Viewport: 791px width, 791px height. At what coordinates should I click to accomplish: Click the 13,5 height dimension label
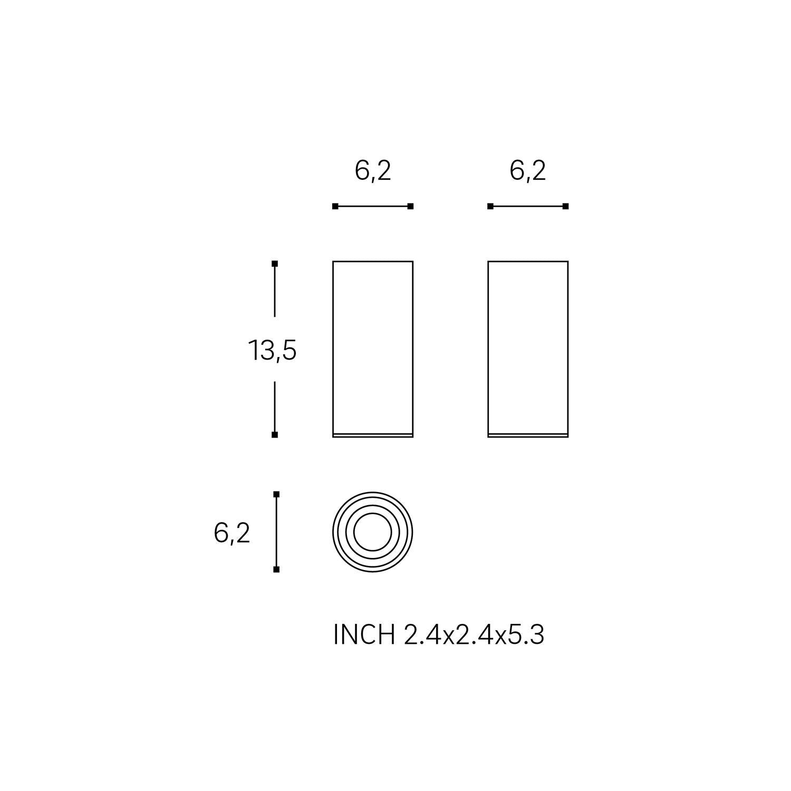click(272, 350)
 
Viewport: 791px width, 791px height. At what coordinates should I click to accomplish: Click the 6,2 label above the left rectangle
click(373, 171)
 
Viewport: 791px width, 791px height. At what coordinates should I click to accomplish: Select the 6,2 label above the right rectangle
click(528, 171)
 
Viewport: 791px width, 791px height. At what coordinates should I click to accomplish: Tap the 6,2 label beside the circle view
click(232, 534)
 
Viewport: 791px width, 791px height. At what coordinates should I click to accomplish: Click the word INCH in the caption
click(364, 635)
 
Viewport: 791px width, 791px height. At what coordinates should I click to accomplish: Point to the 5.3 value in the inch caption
click(526, 635)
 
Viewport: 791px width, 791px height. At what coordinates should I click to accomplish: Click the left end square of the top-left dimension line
click(335, 206)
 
